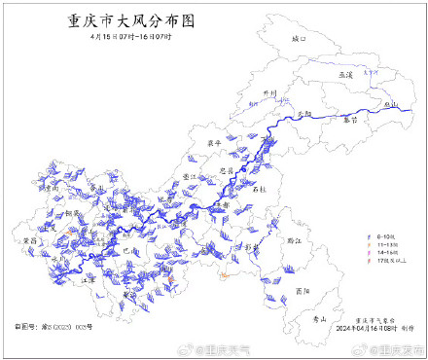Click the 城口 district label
pyautogui.click(x=298, y=39)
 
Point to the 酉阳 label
pyautogui.click(x=303, y=290)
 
